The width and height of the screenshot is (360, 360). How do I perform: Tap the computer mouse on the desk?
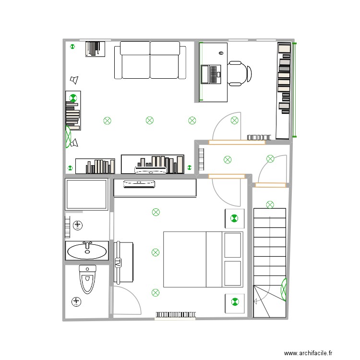pyautogui.click(x=222, y=52)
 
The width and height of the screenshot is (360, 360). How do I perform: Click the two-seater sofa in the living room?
pyautogui.click(x=150, y=60)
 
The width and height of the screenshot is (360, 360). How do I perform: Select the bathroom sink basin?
pyautogui.click(x=87, y=250)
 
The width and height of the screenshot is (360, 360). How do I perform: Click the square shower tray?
pyautogui.click(x=86, y=194)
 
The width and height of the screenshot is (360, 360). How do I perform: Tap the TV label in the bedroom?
pyautogui.click(x=118, y=263)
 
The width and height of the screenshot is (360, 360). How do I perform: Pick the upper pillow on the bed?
pyautogui.click(x=233, y=245)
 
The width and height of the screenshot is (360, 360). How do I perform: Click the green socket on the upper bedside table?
pyautogui.click(x=234, y=218)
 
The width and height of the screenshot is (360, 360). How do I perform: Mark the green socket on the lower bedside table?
pyautogui.click(x=235, y=302)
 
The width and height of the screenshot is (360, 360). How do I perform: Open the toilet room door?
pyautogui.click(x=126, y=300)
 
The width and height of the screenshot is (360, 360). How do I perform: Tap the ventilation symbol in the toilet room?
pyautogui.click(x=76, y=301)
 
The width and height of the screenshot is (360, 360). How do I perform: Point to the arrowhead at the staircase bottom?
pyautogui.click(x=255, y=301)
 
